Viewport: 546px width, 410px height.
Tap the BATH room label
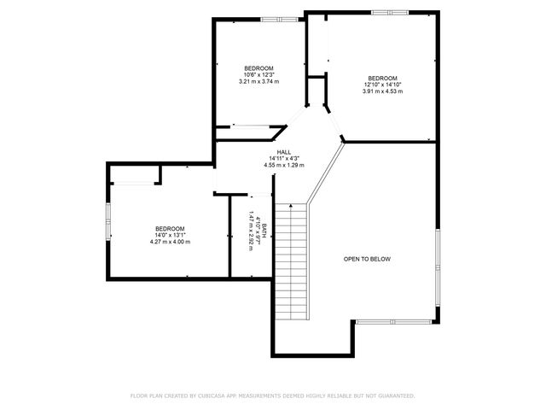(264, 230)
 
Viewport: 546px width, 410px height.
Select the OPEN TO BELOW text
(367, 259)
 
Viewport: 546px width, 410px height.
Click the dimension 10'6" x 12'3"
(259, 75)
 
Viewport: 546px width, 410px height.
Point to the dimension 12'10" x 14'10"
(381, 85)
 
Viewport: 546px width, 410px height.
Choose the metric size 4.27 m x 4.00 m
(170, 242)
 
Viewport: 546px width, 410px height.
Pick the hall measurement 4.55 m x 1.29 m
(284, 165)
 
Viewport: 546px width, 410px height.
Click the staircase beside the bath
(290, 261)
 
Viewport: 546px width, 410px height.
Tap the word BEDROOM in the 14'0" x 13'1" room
(170, 228)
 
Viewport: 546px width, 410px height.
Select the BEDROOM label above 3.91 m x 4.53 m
(382, 78)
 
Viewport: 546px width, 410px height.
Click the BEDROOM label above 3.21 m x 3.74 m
(259, 68)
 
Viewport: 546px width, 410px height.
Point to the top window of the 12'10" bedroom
(388, 12)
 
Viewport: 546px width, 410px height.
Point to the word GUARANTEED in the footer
(396, 396)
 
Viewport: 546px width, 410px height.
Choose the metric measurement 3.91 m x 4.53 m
(381, 91)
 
